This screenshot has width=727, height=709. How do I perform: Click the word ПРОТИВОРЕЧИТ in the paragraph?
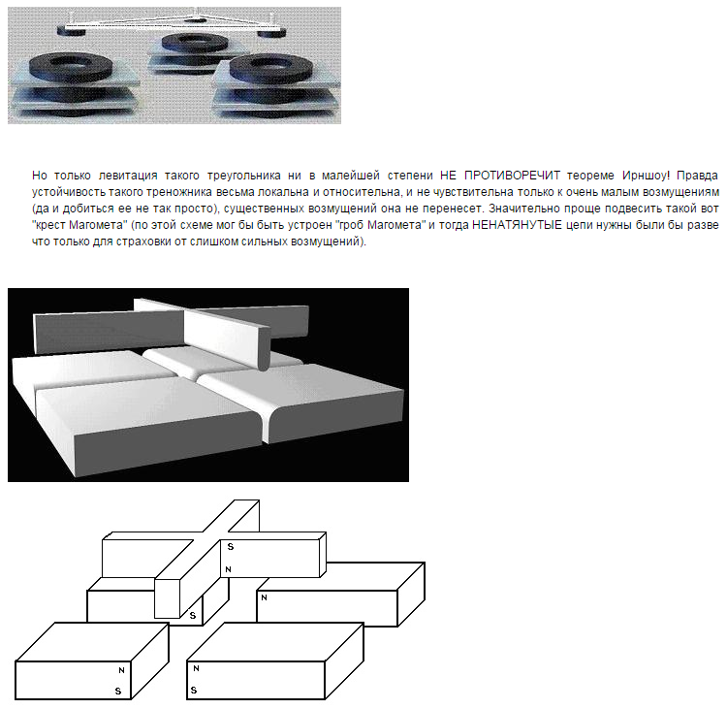tap(512, 176)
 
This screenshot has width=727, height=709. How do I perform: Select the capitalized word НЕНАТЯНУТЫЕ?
tap(517, 225)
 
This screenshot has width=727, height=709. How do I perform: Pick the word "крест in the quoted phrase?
tap(48, 225)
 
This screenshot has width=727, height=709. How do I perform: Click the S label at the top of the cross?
tap(231, 547)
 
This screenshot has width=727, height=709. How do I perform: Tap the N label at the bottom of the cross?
tap(228, 569)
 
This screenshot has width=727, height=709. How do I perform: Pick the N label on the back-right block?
tap(265, 597)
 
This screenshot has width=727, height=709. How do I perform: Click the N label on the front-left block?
tap(121, 670)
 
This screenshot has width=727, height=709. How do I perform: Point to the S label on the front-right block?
tap(194, 690)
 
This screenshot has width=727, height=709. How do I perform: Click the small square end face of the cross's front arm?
tap(167, 598)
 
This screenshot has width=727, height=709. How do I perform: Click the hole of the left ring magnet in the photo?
tap(70, 62)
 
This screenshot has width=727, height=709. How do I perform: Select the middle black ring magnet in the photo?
tap(195, 43)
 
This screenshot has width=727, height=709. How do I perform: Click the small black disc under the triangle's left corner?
tap(72, 32)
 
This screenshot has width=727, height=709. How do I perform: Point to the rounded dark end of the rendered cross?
tap(263, 349)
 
